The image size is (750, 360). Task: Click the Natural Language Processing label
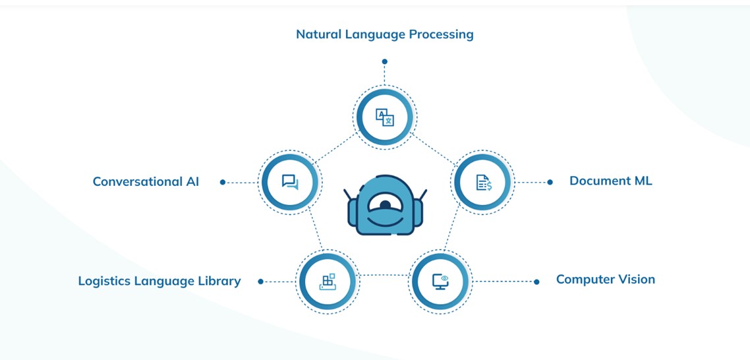(385, 35)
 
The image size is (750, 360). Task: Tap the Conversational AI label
(146, 182)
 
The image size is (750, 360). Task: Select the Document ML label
(611, 181)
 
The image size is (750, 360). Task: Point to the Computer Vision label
(606, 280)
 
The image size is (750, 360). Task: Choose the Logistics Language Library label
(159, 281)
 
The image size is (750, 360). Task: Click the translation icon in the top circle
(385, 117)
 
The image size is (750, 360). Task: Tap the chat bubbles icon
(290, 183)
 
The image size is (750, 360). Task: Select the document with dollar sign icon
(484, 183)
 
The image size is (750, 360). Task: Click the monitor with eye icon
(440, 282)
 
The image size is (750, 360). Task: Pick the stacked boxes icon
(328, 282)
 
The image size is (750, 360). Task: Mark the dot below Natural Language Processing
(385, 62)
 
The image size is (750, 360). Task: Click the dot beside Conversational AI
(222, 183)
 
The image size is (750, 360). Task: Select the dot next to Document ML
(550, 183)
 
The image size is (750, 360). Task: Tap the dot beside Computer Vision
(536, 282)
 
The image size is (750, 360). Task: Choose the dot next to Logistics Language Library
(261, 282)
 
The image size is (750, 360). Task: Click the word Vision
(635, 280)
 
